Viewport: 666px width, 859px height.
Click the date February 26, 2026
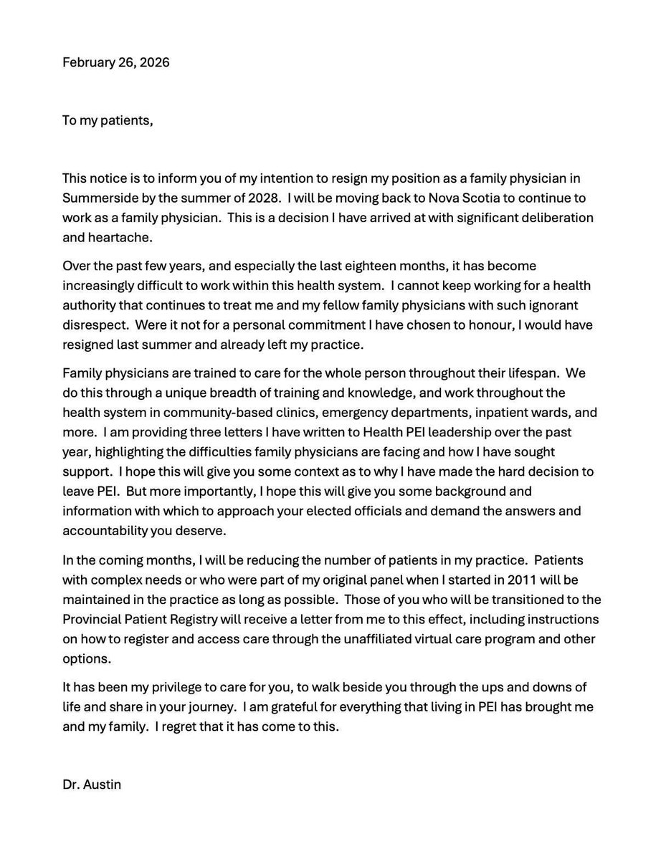(115, 62)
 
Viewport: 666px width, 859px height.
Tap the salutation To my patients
(108, 120)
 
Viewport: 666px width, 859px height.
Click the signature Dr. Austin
(92, 784)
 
